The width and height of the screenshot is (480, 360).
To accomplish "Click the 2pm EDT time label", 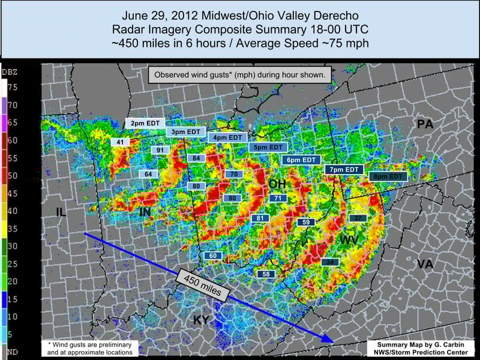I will (x=145, y=123).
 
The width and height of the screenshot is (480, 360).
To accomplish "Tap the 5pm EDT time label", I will (x=268, y=147).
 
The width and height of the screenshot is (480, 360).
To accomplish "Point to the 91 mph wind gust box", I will (x=160, y=150).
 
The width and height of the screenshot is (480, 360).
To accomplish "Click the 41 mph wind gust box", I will (x=120, y=142).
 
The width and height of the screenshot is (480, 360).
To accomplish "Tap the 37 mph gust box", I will (x=358, y=218).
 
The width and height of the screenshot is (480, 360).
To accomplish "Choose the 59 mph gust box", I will (x=306, y=222).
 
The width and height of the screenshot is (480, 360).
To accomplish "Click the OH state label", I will (x=277, y=184).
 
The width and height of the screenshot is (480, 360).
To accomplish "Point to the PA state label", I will (x=425, y=125).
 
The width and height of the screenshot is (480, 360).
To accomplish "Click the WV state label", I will (x=350, y=241).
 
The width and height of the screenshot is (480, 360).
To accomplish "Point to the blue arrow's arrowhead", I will (x=328, y=339).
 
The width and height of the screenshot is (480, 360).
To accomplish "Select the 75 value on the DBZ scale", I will (x=12, y=88).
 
